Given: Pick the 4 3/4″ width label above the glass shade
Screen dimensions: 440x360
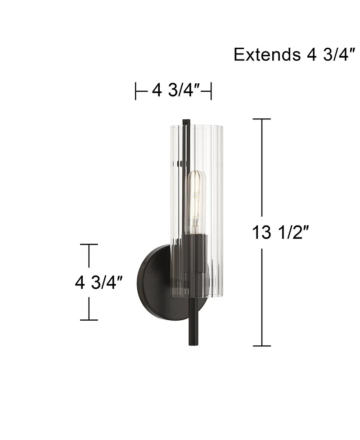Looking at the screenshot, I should click(x=176, y=91).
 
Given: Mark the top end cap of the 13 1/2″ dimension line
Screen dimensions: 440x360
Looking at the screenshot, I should click(x=262, y=119).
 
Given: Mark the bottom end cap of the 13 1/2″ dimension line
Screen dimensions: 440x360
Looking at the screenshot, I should click(x=262, y=346).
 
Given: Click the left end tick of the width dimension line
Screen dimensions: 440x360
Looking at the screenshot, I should click(x=136, y=91).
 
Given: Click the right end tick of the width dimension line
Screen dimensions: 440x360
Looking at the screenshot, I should click(x=211, y=91).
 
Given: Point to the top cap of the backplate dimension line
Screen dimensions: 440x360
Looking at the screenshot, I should click(x=89, y=245).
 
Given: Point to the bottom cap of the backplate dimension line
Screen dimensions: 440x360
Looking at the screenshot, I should click(x=89, y=320).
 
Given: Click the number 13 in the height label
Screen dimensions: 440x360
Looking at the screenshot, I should click(x=262, y=233).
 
